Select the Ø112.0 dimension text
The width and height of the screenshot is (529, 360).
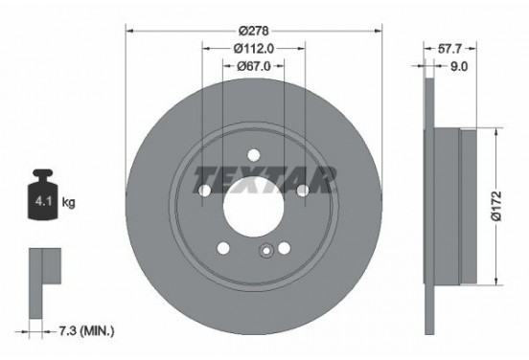(x=253, y=46)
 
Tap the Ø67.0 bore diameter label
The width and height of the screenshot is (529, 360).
(x=253, y=66)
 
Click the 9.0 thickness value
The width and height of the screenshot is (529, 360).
(x=458, y=66)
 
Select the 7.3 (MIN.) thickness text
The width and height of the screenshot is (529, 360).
(x=85, y=331)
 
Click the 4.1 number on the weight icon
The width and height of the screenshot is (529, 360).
(x=42, y=204)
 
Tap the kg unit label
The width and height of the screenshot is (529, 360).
(x=69, y=204)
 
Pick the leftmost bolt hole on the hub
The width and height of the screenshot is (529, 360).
(x=204, y=191)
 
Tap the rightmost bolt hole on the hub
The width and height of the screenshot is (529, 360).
(x=302, y=191)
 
